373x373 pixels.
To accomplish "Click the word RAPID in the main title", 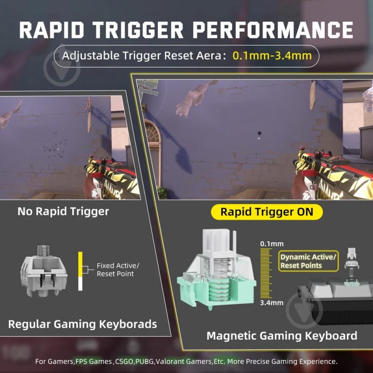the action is coord(52,30).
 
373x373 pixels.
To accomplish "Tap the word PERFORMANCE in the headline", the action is coord(273,30).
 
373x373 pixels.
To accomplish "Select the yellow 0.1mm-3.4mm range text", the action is coord(272,56).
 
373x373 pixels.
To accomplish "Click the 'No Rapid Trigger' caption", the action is coord(63,211).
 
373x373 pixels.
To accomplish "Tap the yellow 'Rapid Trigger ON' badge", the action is coord(267,212).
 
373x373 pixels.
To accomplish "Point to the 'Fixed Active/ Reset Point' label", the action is coord(118,269).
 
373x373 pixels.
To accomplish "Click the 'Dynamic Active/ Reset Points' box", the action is coord(308,261).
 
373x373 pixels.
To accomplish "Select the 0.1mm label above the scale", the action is coord(272,244).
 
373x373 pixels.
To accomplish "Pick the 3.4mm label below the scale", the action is coord(272,303).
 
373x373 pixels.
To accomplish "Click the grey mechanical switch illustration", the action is coord(44,271).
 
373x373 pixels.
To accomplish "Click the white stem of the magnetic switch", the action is coord(219,241).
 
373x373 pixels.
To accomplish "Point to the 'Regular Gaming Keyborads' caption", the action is coord(83,324).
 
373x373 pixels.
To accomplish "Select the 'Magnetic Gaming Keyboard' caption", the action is coord(282,336).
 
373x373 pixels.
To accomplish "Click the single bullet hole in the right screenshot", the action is coord(259,133).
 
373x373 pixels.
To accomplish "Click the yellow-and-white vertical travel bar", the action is coord(80,271).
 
